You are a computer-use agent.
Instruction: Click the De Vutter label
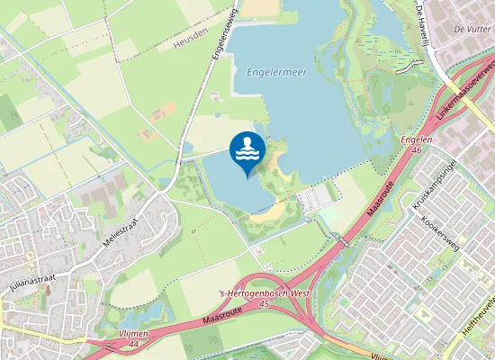tap(471, 30)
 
